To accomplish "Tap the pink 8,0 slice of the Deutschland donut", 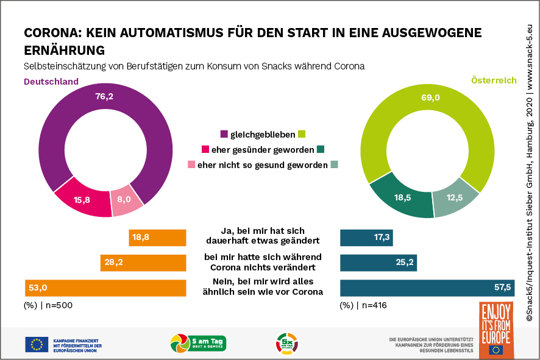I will click(127, 202).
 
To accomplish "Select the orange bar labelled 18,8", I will click(157, 238).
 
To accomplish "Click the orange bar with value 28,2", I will click(143, 263).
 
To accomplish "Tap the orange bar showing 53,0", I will click(105, 288).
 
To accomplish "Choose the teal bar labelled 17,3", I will click(366, 238).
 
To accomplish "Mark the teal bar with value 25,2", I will click(378, 263).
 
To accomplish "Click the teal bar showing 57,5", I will click(427, 288).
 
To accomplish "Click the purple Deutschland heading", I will click(51, 81).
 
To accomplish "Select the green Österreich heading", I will click(493, 80).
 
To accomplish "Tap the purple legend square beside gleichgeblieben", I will click(224, 134).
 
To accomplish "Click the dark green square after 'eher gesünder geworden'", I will click(321, 149).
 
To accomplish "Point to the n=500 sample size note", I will click(48, 305).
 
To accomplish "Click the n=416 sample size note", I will click(363, 305).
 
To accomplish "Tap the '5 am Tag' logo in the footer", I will click(199, 343).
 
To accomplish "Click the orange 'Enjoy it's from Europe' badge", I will click(496, 329).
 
